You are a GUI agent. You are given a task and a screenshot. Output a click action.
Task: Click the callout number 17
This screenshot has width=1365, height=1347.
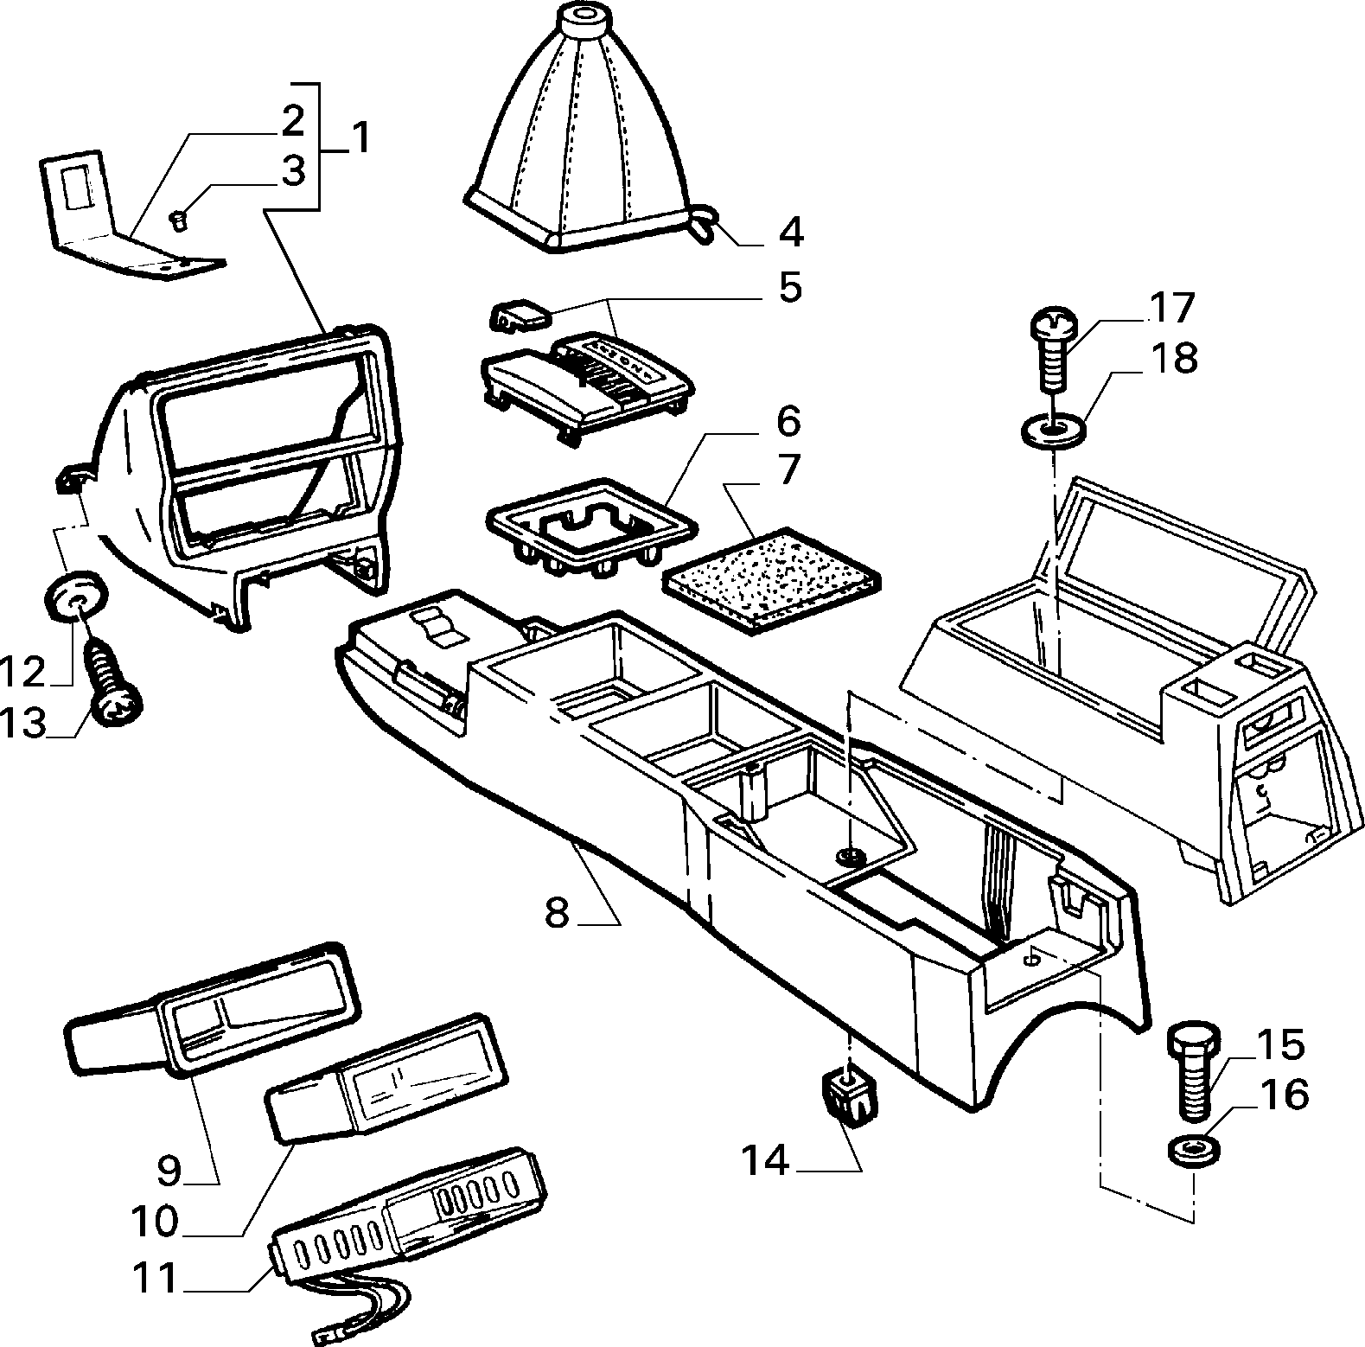point(1170,309)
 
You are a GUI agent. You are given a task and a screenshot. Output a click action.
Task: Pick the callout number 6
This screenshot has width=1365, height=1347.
point(788,422)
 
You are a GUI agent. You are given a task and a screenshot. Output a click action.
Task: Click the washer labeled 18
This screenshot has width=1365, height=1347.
point(1053,431)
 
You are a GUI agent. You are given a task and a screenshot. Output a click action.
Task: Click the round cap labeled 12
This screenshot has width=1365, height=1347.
point(75,596)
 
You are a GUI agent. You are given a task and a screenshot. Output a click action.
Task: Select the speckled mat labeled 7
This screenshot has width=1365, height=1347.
point(770,576)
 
